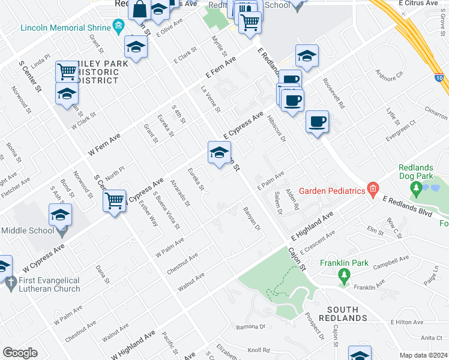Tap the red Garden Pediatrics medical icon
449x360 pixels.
373,190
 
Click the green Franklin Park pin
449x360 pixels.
343,277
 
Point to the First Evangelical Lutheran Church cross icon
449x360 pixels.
10,283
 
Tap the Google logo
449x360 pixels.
20,353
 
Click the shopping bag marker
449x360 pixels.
139,10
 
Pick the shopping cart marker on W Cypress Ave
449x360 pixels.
114,201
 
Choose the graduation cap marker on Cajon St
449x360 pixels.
219,152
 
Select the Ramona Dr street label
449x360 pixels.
250,327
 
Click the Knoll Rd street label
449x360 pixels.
259,350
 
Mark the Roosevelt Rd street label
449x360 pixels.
333,94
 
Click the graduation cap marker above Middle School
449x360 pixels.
60,215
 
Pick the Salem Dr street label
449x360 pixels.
278,203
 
